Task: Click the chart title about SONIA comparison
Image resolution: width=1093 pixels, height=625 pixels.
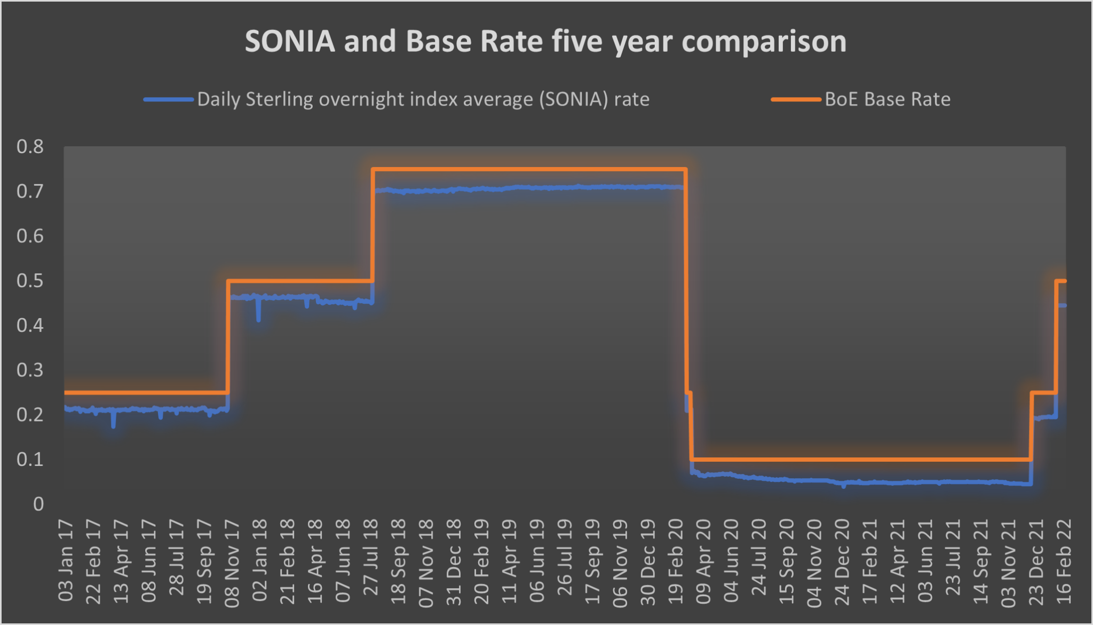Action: (545, 42)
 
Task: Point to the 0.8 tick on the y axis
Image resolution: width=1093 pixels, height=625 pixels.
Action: (30, 146)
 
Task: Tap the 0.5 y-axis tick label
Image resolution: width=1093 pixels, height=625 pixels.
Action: (30, 280)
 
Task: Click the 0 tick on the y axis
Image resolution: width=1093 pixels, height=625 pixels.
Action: (38, 503)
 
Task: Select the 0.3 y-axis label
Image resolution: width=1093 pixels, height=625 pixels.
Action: (30, 369)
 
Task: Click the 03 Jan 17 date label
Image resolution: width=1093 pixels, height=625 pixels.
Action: (66, 560)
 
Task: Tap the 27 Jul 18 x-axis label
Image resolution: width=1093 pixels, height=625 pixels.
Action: (371, 558)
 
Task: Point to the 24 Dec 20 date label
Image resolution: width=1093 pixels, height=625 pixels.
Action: (842, 562)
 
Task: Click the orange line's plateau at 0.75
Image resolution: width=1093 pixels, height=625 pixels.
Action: (528, 170)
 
